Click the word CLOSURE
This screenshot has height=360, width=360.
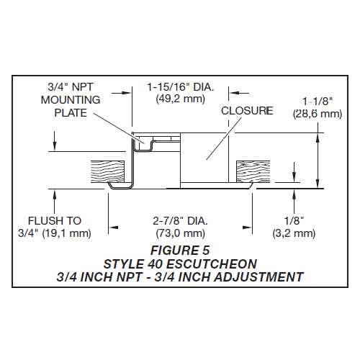[247, 111]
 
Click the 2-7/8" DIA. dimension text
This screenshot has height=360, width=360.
[179, 220]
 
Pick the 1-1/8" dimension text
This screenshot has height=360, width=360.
[316, 102]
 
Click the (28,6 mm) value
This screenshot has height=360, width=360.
[316, 114]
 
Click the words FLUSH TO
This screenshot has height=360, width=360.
[55, 220]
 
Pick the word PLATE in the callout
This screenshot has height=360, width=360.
[65, 114]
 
